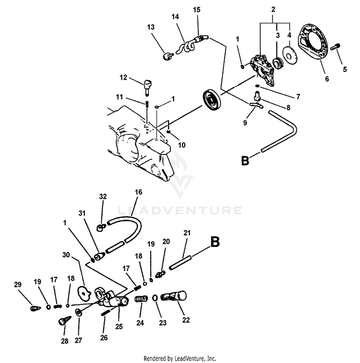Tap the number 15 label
tap(196, 9)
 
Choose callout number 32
tap(102, 196)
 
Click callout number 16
tap(138, 192)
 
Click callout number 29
tap(18, 285)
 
